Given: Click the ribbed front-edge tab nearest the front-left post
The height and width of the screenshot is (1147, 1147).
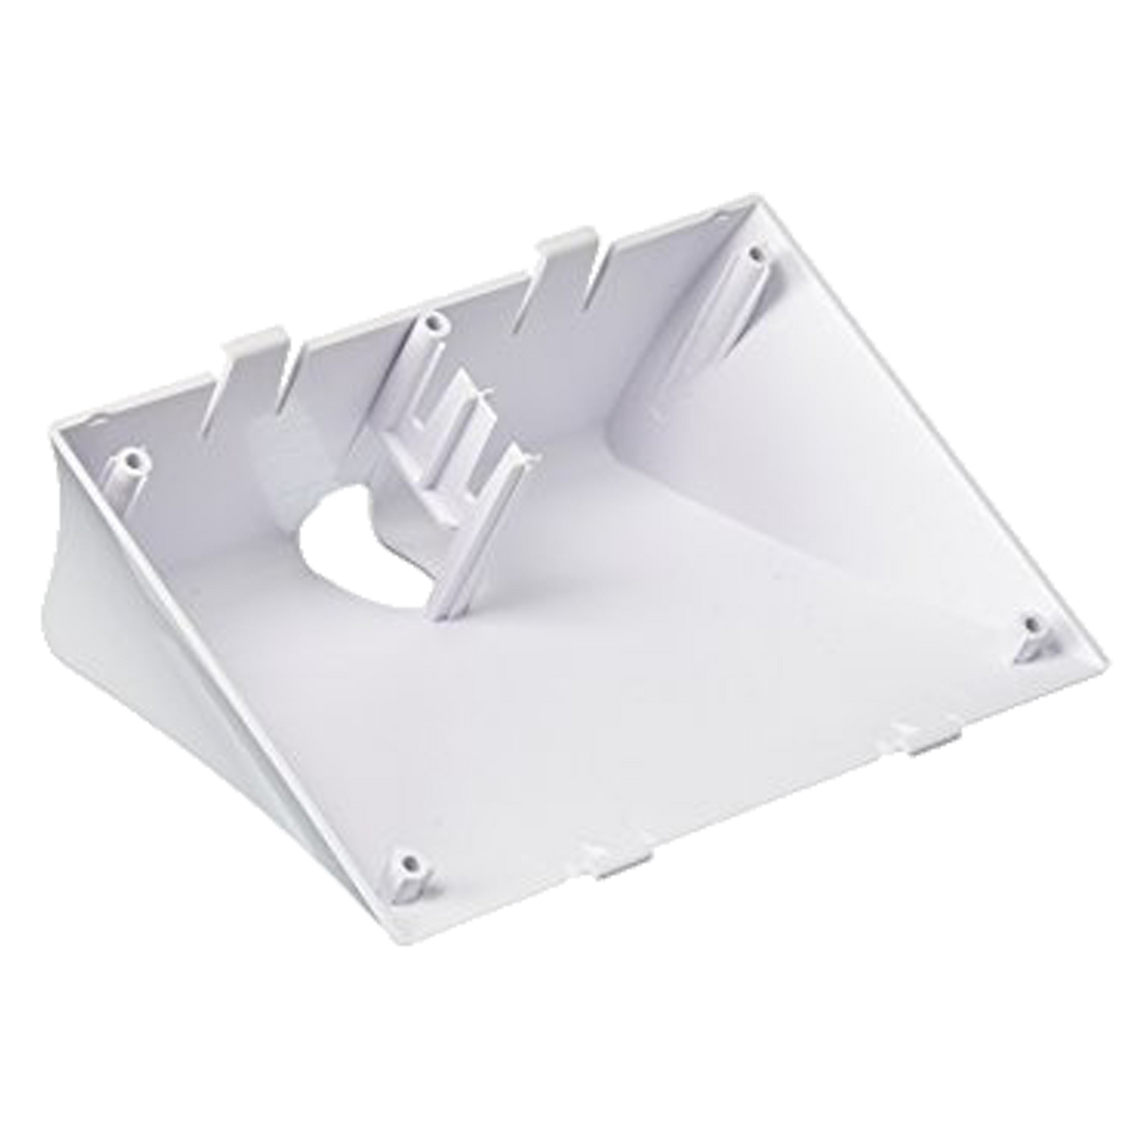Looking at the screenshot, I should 619,865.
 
